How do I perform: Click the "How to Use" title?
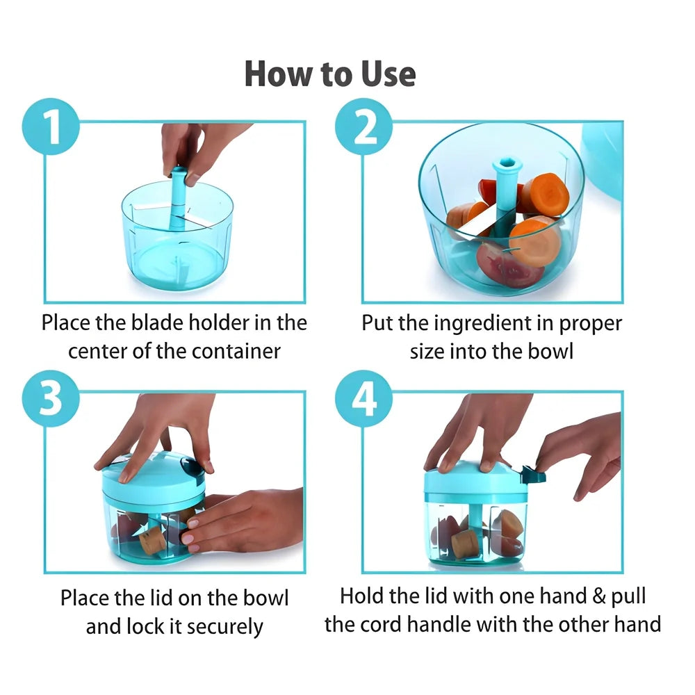(330, 74)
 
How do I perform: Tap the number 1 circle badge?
(51, 126)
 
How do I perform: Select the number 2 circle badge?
(364, 126)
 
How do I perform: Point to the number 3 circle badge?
(51, 398)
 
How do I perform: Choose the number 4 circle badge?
(364, 398)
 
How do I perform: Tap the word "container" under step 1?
(236, 352)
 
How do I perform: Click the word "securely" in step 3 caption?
(224, 627)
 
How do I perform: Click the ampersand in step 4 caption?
(599, 596)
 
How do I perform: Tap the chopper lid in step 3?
(154, 475)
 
